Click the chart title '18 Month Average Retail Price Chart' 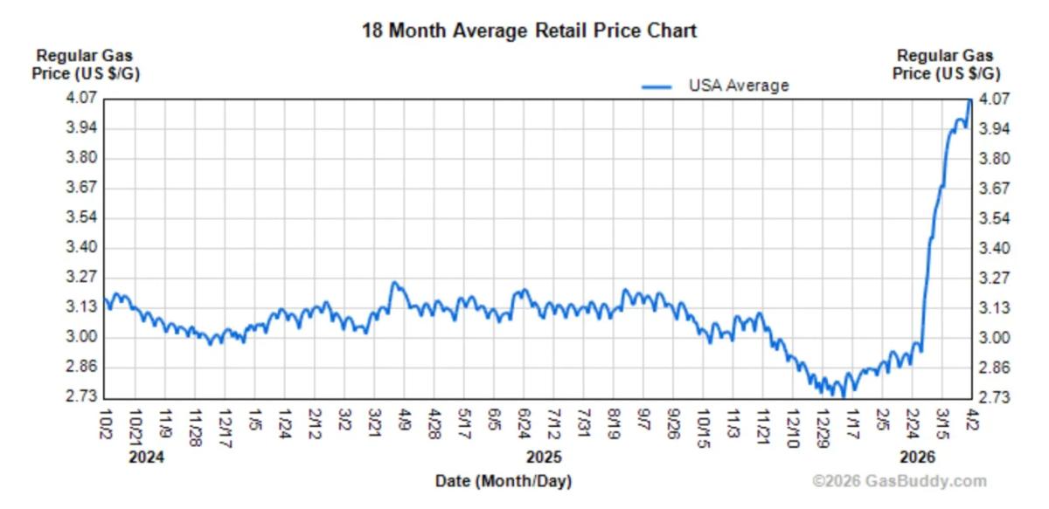point(530,31)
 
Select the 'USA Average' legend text point(739,86)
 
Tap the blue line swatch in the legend point(656,86)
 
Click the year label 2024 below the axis point(146,457)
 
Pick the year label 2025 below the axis point(544,457)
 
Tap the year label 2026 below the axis point(916,457)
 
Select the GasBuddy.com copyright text point(899,481)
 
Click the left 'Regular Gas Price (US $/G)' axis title point(85,65)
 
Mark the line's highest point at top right point(969,100)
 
